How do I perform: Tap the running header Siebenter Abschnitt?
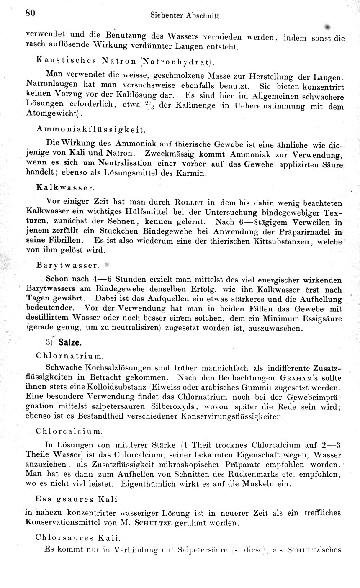point(185,16)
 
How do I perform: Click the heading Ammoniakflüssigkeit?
point(91,129)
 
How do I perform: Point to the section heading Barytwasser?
point(67,265)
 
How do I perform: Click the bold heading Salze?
point(70,342)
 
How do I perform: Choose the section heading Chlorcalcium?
point(69,430)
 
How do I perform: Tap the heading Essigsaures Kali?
point(77,499)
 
